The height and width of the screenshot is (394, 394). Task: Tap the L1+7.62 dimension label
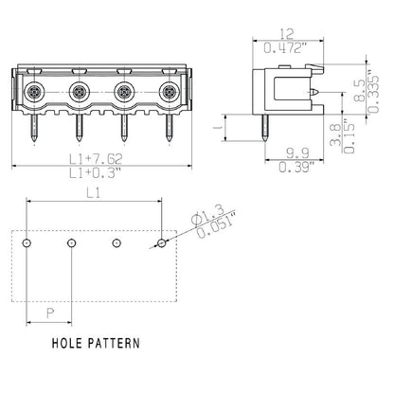(x=96, y=157)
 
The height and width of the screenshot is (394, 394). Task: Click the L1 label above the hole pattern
(x=96, y=192)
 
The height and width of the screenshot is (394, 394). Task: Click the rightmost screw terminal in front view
(x=169, y=93)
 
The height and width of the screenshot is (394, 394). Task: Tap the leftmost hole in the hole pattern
(x=27, y=243)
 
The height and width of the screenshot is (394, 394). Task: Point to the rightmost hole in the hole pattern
(x=163, y=243)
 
